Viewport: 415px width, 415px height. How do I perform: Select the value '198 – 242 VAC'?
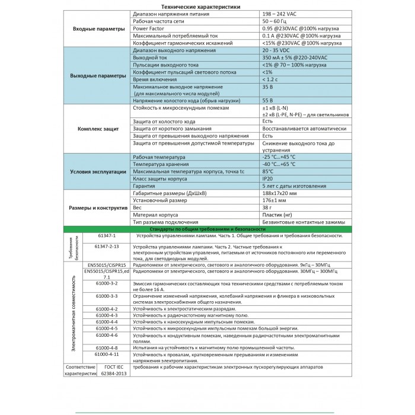click(x=282, y=13)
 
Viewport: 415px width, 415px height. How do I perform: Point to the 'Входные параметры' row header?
click(x=98, y=28)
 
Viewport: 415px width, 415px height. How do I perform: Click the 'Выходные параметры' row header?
click(x=98, y=76)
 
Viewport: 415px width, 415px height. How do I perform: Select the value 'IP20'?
click(x=268, y=178)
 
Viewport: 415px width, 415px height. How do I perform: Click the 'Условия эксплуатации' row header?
click(x=98, y=171)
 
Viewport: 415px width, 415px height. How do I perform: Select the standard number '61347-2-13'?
click(x=107, y=245)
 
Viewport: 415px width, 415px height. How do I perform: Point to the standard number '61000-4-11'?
click(x=107, y=354)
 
